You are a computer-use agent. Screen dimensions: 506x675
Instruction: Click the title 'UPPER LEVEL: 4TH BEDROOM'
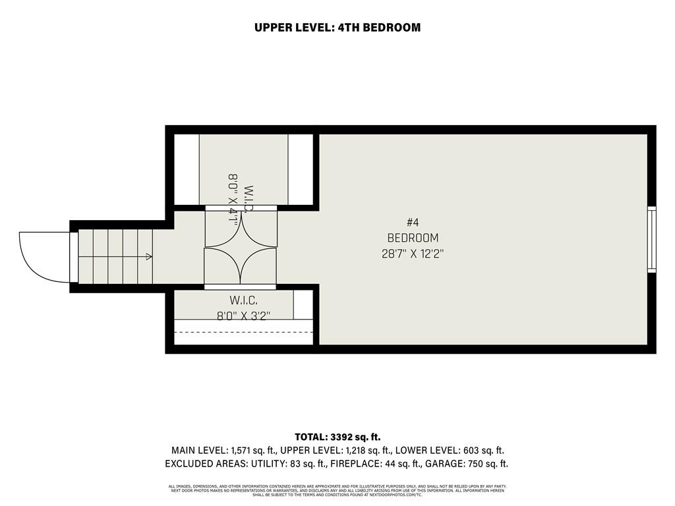337,28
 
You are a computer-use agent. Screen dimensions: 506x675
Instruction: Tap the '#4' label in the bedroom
413,223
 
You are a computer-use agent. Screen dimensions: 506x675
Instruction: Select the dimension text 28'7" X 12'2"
413,254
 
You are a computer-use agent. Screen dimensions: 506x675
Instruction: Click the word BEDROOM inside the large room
413,238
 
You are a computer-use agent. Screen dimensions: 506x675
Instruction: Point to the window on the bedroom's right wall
652,239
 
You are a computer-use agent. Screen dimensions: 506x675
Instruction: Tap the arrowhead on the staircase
150,256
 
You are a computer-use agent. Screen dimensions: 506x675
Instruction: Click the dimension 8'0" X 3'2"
243,316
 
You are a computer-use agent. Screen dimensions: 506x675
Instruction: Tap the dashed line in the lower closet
243,332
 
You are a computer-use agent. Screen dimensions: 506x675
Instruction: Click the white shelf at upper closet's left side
186,169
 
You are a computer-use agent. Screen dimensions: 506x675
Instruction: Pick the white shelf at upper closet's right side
300,169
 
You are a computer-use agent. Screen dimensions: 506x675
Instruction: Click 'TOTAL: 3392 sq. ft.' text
337,437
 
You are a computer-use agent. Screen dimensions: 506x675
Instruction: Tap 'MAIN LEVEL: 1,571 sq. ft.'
223,451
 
